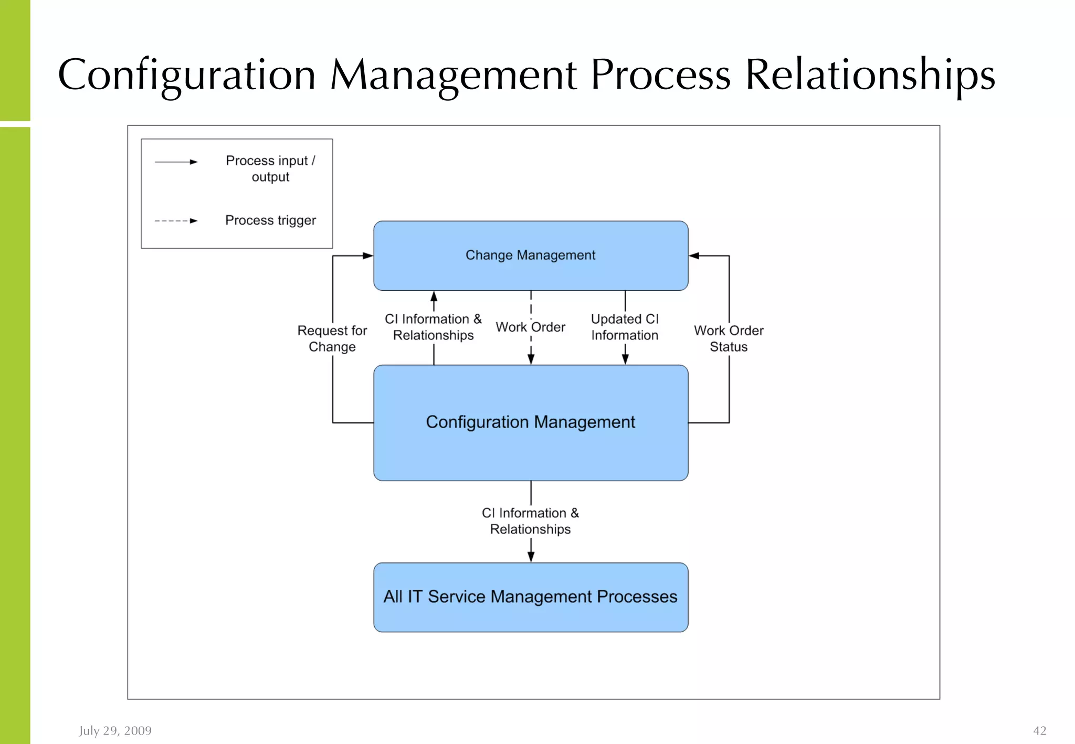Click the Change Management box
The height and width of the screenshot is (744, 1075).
tap(530, 256)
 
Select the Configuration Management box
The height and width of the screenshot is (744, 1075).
tap(530, 422)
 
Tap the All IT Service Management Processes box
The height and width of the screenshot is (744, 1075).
tap(530, 597)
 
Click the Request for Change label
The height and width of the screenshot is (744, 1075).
tap(332, 338)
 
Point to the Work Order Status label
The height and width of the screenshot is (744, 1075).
tap(729, 338)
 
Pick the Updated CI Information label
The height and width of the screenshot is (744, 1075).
tap(625, 327)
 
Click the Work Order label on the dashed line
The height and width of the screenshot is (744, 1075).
tap(530, 327)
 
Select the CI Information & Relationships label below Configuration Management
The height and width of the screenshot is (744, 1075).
tap(530, 520)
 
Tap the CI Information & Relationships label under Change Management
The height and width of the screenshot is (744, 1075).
tap(433, 327)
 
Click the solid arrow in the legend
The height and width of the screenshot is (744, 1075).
tap(176, 162)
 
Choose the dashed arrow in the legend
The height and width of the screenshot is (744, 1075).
tap(176, 221)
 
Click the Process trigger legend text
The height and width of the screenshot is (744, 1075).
tap(270, 220)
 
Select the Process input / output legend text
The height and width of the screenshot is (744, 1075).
tap(270, 168)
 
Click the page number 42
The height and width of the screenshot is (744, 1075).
tap(1039, 730)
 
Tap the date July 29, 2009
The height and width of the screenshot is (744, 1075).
tap(115, 730)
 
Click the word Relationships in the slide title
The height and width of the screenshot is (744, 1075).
tap(870, 75)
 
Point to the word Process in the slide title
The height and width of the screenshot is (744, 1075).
tap(660, 75)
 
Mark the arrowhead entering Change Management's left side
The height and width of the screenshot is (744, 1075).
tap(368, 256)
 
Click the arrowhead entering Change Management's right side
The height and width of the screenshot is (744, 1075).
tap(694, 256)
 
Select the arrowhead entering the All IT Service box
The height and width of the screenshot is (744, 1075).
tap(531, 557)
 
